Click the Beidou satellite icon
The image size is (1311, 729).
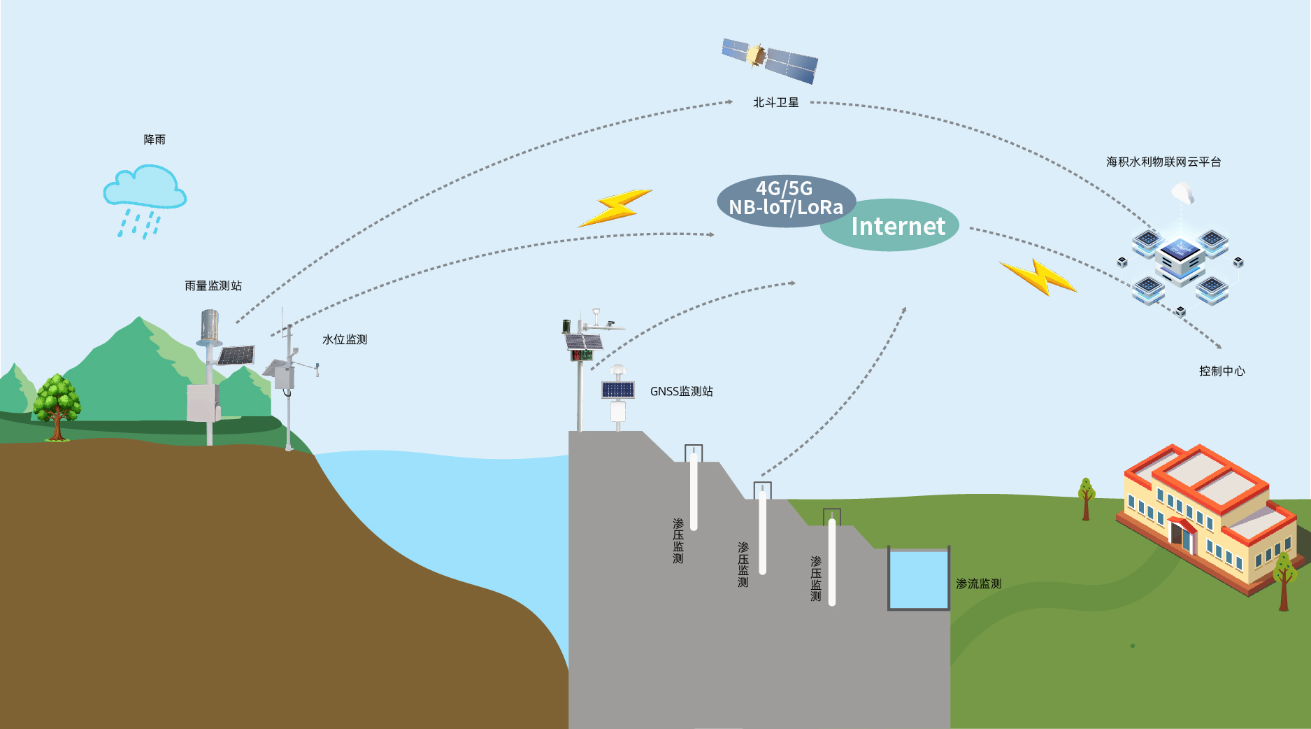click(x=769, y=60)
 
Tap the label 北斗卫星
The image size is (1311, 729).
click(x=775, y=102)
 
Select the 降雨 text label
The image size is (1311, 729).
click(x=155, y=139)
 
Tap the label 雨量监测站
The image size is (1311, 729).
click(x=213, y=285)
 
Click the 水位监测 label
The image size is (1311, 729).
click(x=344, y=339)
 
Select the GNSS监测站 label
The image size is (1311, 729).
click(x=681, y=391)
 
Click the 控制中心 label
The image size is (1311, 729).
click(x=1222, y=371)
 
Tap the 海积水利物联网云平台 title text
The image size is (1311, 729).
click(x=1163, y=162)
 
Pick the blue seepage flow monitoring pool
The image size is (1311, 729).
click(x=918, y=579)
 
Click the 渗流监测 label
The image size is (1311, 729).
click(x=978, y=583)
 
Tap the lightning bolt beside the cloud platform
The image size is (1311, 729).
click(x=1039, y=277)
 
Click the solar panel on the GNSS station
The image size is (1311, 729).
click(x=618, y=390)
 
